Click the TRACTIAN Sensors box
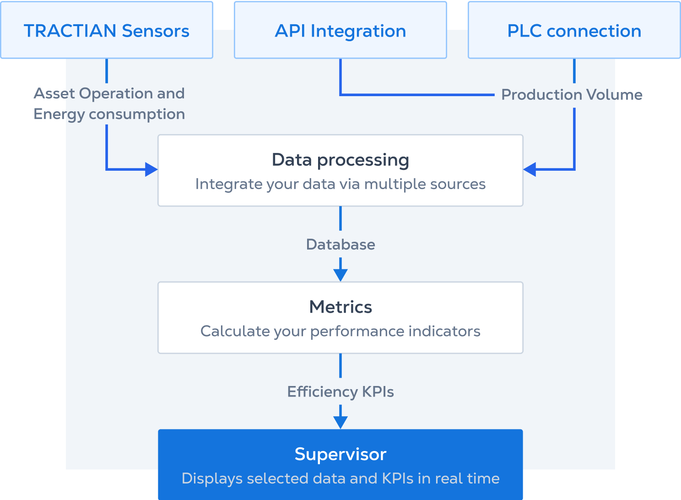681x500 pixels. pyautogui.click(x=107, y=30)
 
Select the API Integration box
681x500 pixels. pyautogui.click(x=340, y=30)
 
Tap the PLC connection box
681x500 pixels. pyautogui.click(x=574, y=30)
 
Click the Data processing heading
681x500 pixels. pyautogui.click(x=340, y=160)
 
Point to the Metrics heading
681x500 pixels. pyautogui.click(x=340, y=307)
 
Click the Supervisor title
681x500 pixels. pyautogui.click(x=340, y=454)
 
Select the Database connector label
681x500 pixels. pyautogui.click(x=340, y=245)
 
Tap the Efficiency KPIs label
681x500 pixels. pyautogui.click(x=340, y=392)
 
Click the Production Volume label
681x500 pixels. pyautogui.click(x=572, y=95)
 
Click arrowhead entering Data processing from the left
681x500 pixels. pyautogui.click(x=151, y=169)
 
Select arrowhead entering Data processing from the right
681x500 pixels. pyautogui.click(x=530, y=169)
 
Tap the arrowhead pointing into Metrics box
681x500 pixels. pyautogui.click(x=340, y=275)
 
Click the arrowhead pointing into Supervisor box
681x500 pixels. pyautogui.click(x=340, y=422)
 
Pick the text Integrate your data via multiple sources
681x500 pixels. pyautogui.click(x=340, y=184)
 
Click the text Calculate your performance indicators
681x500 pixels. pyautogui.click(x=340, y=331)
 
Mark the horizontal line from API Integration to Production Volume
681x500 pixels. pyautogui.click(x=416, y=95)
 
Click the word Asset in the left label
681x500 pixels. pyautogui.click(x=54, y=93)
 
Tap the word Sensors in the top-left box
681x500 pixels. pyautogui.click(x=156, y=31)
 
